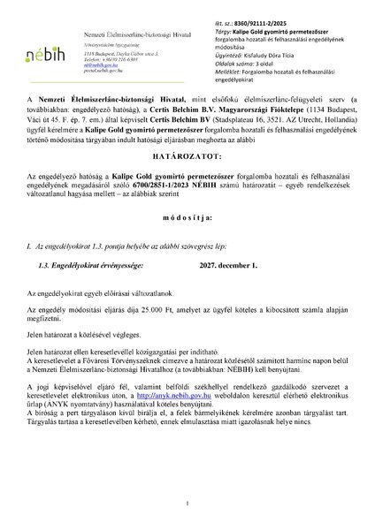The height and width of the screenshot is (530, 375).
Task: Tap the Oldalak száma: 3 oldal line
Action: tap(241, 49)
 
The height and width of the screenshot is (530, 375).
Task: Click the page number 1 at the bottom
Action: tap(187, 504)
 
